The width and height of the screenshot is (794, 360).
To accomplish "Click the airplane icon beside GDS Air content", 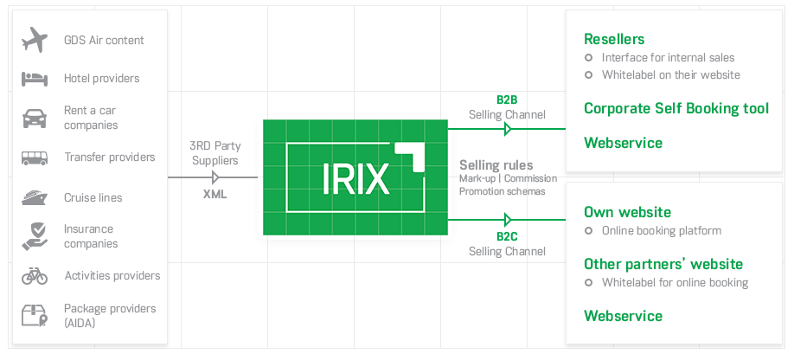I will (35, 40).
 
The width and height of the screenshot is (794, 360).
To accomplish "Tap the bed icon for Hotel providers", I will (35, 79).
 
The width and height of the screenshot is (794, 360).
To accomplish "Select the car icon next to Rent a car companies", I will (35, 118).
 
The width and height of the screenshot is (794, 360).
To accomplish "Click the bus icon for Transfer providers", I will (35, 157).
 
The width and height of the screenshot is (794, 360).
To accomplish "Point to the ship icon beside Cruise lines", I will (35, 197).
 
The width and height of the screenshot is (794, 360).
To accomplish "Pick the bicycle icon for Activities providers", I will (35, 276).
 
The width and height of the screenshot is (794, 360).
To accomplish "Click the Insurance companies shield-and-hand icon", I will (35, 236).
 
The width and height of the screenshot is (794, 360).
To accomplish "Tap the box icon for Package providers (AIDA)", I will (35, 315).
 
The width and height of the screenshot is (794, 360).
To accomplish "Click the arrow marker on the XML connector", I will (216, 177).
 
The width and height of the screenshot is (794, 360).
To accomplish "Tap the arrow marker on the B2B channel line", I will (509, 129).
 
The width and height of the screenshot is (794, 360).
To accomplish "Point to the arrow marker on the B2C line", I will (509, 220).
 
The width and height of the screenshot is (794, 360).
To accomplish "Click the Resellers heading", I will (614, 39).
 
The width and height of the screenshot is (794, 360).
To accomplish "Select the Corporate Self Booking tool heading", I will (676, 109).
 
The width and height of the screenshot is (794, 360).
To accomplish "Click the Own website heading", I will (627, 212).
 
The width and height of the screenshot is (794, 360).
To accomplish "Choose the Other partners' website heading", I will (663, 264).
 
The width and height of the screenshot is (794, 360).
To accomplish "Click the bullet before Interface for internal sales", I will (589, 58).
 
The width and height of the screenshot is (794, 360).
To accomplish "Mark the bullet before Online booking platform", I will (589, 231).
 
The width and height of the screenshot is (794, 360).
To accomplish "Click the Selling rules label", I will (496, 165).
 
